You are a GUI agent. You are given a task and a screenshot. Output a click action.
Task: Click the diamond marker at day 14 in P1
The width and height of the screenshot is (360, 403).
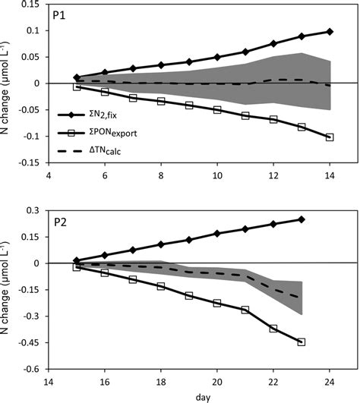(330, 31)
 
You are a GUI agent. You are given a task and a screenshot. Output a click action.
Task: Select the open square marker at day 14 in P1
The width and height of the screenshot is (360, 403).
(330, 137)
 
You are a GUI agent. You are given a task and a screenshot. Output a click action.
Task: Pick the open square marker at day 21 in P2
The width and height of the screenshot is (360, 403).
(245, 310)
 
